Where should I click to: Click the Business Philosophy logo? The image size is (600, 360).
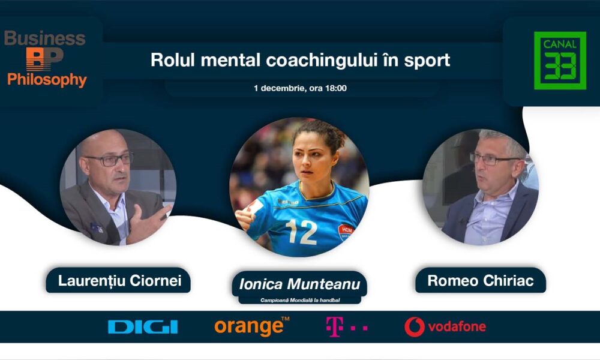[45, 59]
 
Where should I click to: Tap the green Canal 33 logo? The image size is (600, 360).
[560, 61]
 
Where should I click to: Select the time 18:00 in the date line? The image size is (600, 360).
[335, 88]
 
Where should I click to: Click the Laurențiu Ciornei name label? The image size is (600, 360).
[118, 280]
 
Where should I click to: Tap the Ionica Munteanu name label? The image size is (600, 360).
[299, 284]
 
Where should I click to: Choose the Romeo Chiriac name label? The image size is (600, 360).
[481, 280]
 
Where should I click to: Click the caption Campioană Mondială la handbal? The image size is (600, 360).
[299, 301]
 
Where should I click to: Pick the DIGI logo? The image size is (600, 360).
[143, 327]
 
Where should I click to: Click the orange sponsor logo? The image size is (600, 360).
[252, 327]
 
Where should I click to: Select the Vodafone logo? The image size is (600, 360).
[445, 327]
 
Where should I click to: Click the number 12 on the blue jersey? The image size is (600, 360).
[302, 232]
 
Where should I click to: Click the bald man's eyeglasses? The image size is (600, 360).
[109, 159]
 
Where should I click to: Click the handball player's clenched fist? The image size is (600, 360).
[244, 217]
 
